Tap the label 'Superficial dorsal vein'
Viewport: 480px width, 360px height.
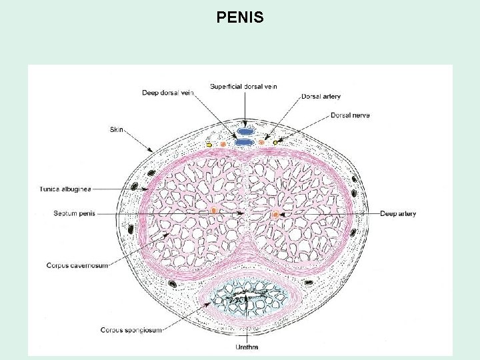pyautogui.click(x=243, y=86)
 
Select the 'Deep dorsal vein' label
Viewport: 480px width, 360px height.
pyautogui.click(x=167, y=93)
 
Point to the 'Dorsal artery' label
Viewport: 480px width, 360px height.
pyautogui.click(x=321, y=97)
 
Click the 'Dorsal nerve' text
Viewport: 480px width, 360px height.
pyautogui.click(x=350, y=115)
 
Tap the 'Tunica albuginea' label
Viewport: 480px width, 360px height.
pyautogui.click(x=66, y=189)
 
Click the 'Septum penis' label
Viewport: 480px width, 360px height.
pyautogui.click(x=75, y=213)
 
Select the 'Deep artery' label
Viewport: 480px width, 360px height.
pyautogui.click(x=398, y=214)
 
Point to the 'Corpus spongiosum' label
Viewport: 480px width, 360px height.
pyautogui.click(x=131, y=329)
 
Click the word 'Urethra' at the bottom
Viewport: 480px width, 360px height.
pyautogui.click(x=247, y=347)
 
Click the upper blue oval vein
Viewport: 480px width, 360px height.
pyautogui.click(x=245, y=131)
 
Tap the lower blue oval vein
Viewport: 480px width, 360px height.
pyautogui.click(x=245, y=142)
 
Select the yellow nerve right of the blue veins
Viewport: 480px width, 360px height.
pyautogui.click(x=275, y=142)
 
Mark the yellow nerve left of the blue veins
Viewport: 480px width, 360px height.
pyautogui.click(x=209, y=144)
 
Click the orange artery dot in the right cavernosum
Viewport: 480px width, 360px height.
pyautogui.click(x=276, y=214)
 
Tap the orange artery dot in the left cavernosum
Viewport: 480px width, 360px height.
pyautogui.click(x=213, y=211)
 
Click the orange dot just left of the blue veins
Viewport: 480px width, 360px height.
pyautogui.click(x=223, y=144)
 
